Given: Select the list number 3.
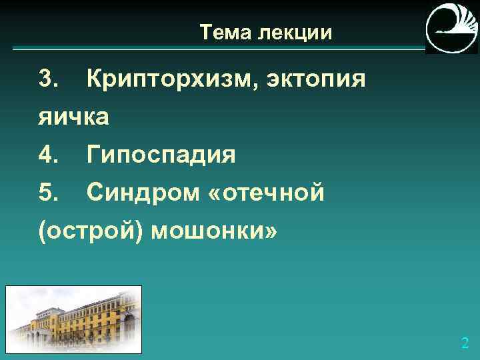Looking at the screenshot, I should (50, 79).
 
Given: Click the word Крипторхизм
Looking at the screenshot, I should (173, 80).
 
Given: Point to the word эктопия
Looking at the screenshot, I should (316, 80).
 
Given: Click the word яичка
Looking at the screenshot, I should (73, 117).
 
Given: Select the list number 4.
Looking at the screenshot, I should (50, 155).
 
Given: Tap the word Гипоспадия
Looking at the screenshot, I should (161, 156).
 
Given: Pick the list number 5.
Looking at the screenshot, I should (50, 193).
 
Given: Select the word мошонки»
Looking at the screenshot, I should (213, 231).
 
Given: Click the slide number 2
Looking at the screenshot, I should (465, 344).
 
